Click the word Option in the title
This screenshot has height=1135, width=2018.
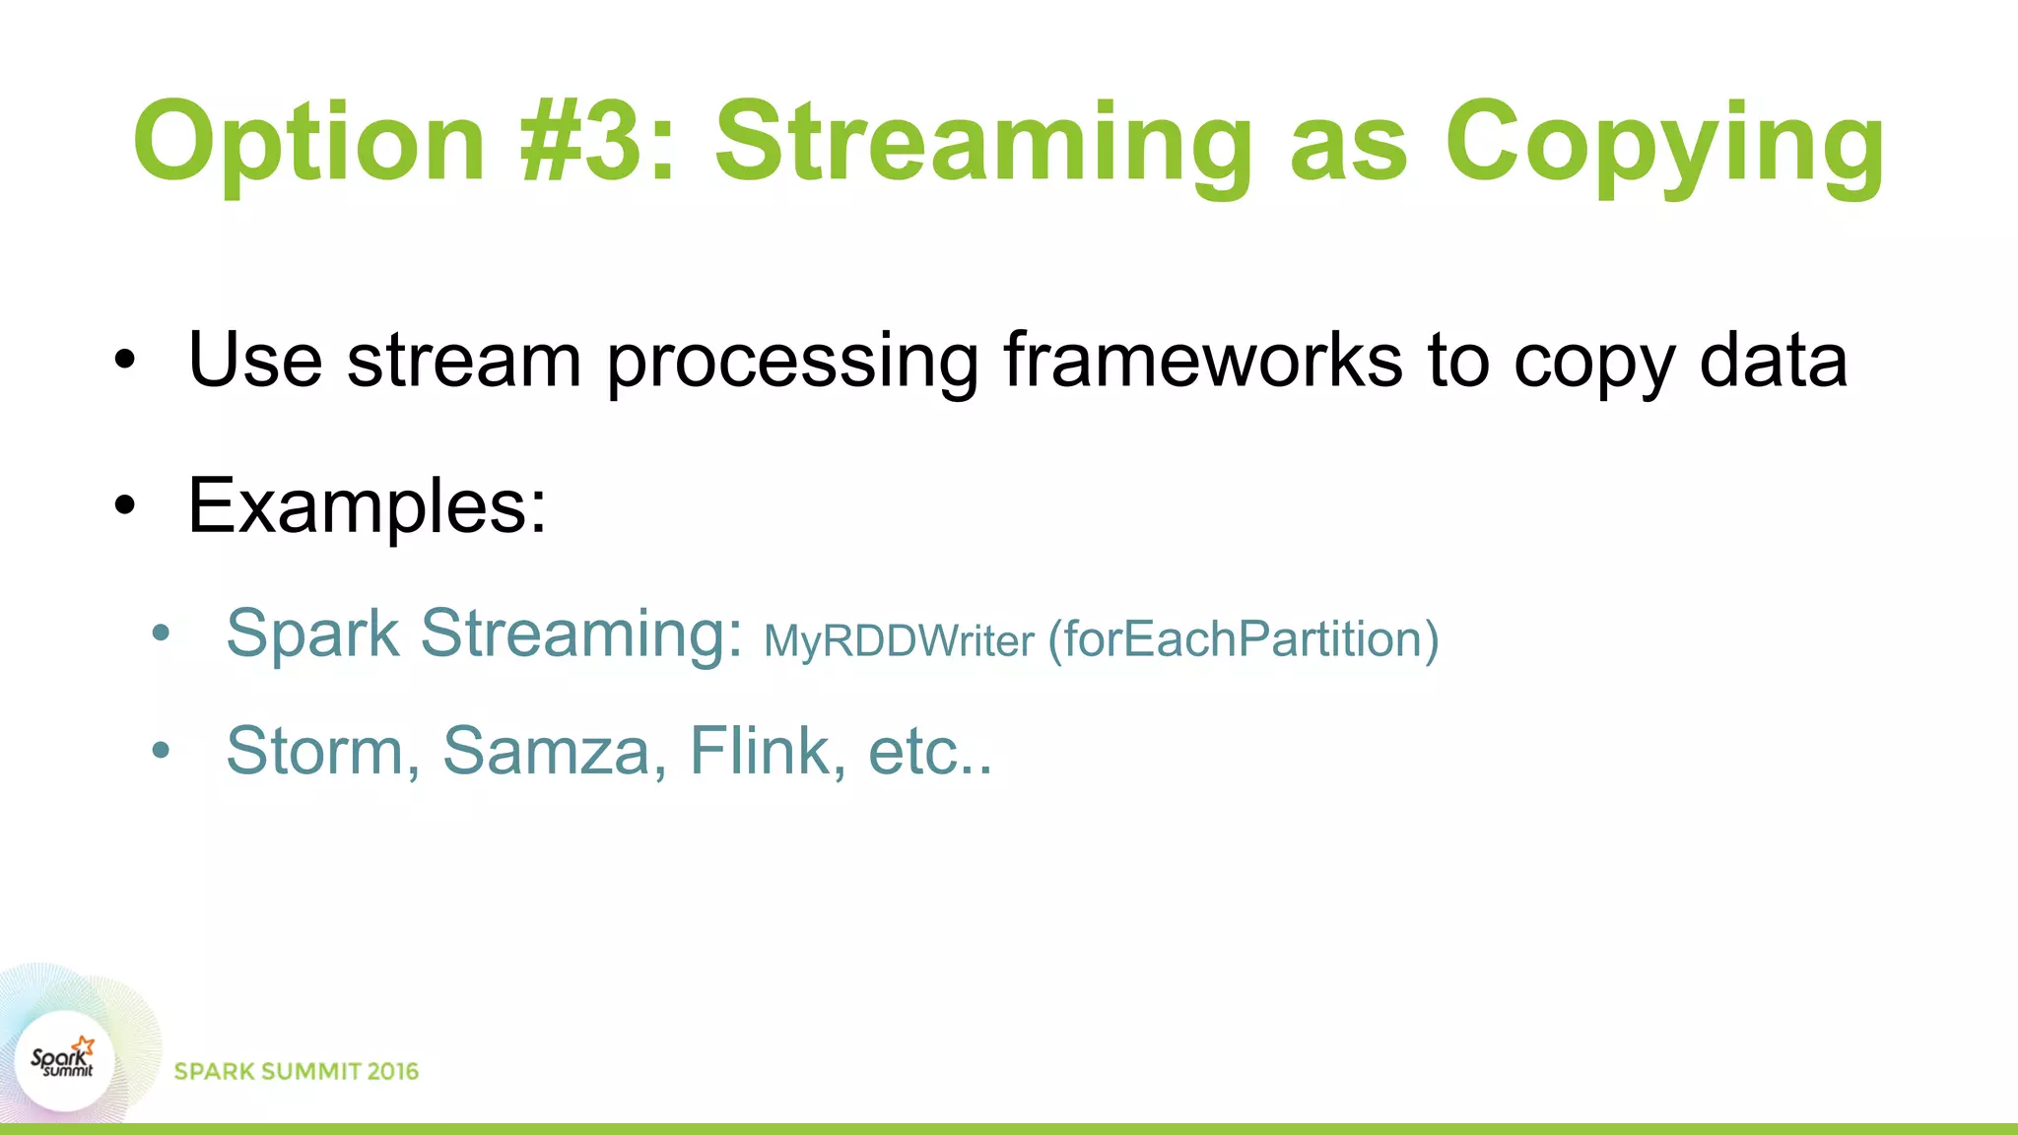tap(308, 143)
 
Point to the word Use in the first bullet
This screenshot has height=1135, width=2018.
tap(255, 361)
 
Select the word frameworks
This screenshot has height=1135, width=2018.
tap(1202, 361)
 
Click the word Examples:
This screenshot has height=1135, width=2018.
tap(367, 506)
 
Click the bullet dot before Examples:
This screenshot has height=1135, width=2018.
tap(124, 506)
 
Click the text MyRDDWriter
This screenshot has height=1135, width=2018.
tap(899, 641)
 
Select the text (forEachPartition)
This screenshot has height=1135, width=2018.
tap(1244, 639)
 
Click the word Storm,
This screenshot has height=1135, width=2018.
tap(323, 751)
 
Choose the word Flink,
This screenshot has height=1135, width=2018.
tap(767, 751)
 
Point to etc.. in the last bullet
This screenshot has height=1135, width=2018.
tap(929, 753)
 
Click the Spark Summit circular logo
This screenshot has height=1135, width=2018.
tap(64, 1061)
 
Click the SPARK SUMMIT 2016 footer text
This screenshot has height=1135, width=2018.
tap(296, 1071)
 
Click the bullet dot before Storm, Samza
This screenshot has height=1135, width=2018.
tap(162, 752)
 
